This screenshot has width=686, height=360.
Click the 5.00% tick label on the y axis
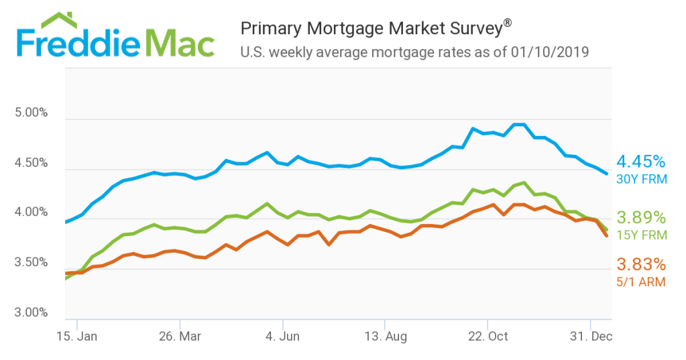click(x=31, y=113)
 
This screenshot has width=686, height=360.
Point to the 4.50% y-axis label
click(x=31, y=163)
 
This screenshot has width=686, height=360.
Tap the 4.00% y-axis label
click(x=31, y=213)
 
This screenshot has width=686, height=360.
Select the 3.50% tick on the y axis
click(x=31, y=263)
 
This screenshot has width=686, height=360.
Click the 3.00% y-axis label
click(x=31, y=312)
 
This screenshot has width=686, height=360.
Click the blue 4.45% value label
click(x=641, y=162)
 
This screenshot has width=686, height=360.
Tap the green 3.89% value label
click(x=641, y=218)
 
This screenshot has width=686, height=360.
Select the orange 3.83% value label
click(x=641, y=265)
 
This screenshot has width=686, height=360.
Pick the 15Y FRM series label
click(x=641, y=235)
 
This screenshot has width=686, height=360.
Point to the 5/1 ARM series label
click(x=641, y=282)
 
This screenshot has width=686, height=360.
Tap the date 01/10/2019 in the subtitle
click(x=549, y=52)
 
